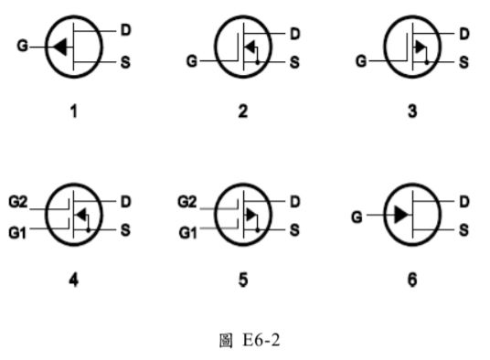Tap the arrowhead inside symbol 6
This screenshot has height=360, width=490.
coord(399,216)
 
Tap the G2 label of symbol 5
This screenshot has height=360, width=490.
coord(186,200)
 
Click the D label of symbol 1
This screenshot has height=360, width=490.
coord(126,29)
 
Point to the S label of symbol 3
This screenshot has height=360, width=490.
coord(463,62)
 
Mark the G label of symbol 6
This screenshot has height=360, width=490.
coord(358,217)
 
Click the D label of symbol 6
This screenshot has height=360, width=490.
coord(463,200)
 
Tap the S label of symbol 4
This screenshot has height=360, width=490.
coord(126,230)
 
